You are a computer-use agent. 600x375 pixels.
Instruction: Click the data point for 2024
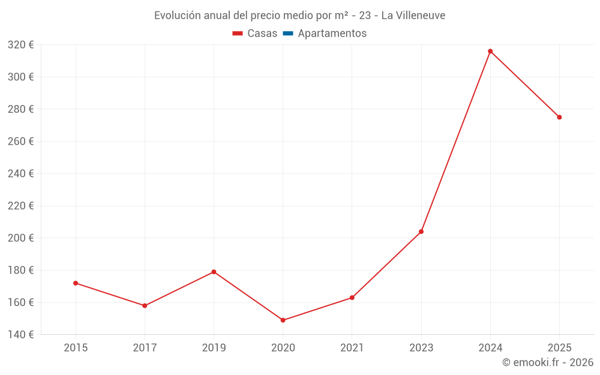click(490, 52)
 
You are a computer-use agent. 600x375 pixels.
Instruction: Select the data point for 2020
click(283, 320)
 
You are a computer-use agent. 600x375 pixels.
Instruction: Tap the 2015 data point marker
click(76, 283)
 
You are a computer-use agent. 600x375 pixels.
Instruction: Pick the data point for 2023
click(421, 232)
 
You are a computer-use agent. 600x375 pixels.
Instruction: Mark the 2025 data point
click(559, 117)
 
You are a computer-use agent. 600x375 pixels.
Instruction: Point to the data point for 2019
click(214, 272)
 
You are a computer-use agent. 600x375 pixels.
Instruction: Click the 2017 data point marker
click(145, 306)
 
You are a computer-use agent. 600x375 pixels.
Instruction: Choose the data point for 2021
click(352, 298)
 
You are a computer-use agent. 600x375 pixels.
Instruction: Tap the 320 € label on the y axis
click(20, 45)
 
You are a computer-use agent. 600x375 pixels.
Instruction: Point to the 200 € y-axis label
click(20, 238)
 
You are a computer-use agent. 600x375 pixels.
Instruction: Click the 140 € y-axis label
click(20, 335)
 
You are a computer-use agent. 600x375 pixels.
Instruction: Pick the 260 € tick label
click(20, 142)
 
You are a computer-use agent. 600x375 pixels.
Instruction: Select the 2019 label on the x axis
click(214, 348)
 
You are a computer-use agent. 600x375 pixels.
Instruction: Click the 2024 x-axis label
click(490, 348)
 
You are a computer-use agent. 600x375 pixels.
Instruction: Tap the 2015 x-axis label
click(76, 348)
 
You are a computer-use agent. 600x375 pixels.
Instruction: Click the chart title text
click(299, 16)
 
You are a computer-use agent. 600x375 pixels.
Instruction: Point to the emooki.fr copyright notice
click(548, 362)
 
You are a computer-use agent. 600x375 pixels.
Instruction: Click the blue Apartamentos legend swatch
click(287, 34)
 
